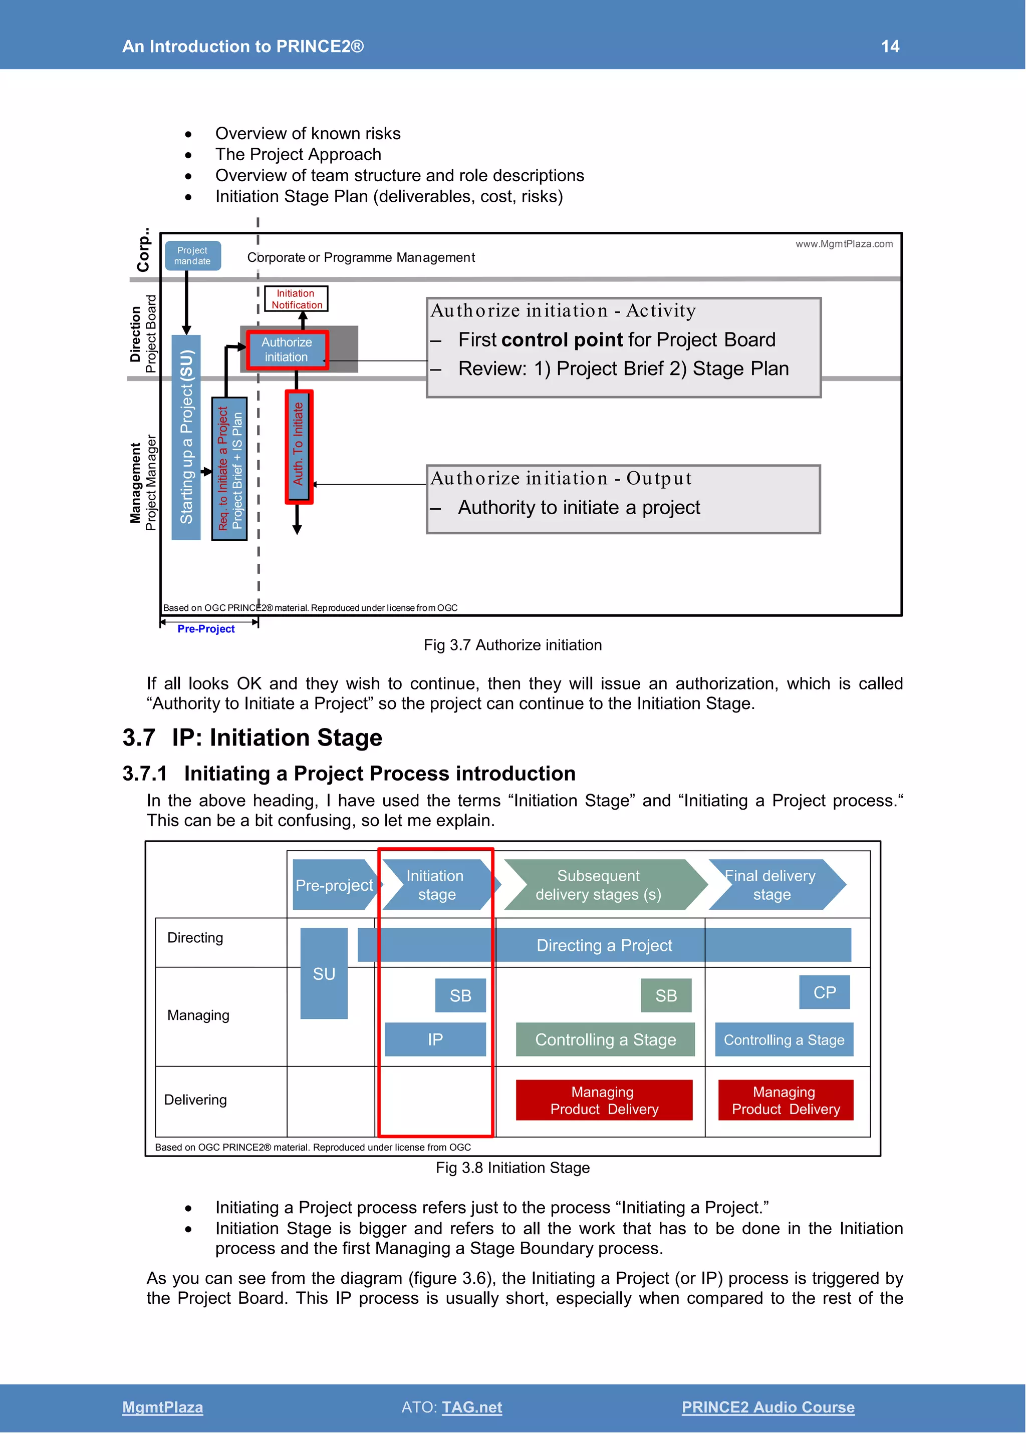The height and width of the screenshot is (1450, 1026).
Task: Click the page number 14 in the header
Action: coord(890,46)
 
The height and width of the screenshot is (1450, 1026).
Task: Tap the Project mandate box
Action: coord(193,256)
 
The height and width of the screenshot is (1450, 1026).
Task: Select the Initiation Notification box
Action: coord(296,299)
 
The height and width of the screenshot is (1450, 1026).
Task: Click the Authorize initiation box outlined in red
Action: coord(288,349)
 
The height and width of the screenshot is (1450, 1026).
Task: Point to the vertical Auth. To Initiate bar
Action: coord(298,446)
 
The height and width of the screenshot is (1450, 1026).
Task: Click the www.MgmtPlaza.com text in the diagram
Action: coord(844,244)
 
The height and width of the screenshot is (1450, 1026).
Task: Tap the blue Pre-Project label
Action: coord(206,629)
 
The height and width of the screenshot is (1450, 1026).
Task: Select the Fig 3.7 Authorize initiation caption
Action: coord(512,645)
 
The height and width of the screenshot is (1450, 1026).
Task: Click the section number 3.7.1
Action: coord(145,774)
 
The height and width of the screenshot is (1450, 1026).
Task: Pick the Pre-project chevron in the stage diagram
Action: coord(334,885)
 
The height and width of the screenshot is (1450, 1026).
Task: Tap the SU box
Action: coord(324,973)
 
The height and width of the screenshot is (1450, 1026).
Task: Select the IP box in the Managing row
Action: coord(435,1039)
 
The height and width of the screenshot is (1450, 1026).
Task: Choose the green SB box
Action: coord(665,995)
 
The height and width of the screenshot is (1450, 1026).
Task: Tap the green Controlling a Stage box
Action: coord(605,1039)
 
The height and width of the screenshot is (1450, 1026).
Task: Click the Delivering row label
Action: coord(195,1100)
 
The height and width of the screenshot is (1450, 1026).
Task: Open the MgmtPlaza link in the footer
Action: coord(162,1407)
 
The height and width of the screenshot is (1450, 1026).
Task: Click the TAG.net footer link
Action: coord(472,1407)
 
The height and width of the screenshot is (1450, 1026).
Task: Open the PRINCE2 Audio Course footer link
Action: coord(767,1407)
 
